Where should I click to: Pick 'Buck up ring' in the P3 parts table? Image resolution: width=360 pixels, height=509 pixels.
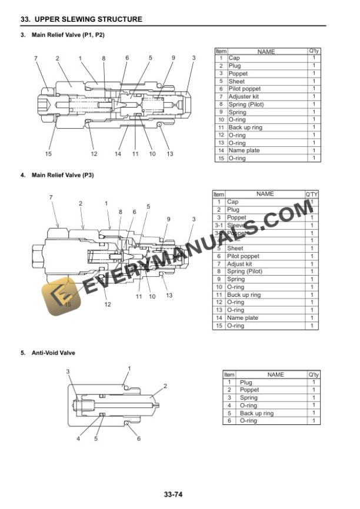(x=244, y=294)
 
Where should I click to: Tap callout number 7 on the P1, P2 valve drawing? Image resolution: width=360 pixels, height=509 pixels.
(x=36, y=58)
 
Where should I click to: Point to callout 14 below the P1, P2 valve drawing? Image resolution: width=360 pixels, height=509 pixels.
(x=118, y=154)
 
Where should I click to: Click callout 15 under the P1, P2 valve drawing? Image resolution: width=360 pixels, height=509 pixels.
(x=48, y=154)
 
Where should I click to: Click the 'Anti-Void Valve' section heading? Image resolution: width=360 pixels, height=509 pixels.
(x=56, y=353)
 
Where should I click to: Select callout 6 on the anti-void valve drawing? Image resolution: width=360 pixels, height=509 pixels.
(x=139, y=438)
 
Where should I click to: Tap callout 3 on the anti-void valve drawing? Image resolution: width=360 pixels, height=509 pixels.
(x=68, y=371)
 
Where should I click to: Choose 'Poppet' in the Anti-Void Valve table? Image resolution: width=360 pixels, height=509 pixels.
(x=249, y=390)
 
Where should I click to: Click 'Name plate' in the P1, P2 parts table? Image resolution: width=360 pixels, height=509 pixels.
(x=243, y=150)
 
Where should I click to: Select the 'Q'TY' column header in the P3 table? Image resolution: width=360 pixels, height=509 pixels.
(x=312, y=194)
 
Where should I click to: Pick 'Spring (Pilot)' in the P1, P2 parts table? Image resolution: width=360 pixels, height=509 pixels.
(x=246, y=104)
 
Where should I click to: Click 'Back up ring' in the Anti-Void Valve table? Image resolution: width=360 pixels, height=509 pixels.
(x=256, y=413)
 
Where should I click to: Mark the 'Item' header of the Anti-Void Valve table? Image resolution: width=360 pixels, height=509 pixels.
(x=229, y=374)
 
